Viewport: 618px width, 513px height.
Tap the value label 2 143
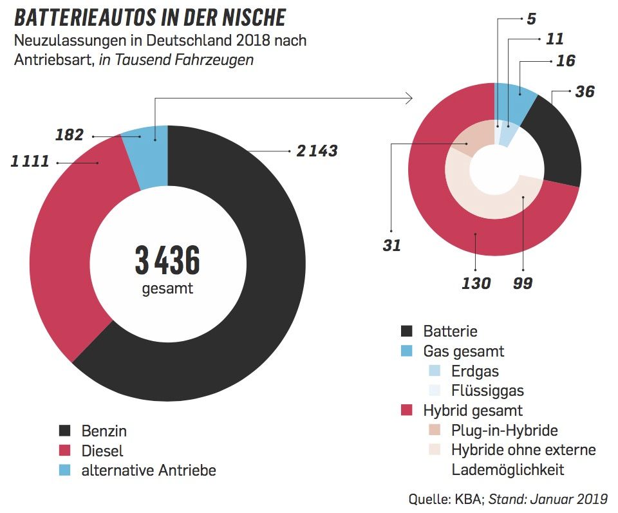click(316, 151)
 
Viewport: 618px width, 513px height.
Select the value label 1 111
click(30, 162)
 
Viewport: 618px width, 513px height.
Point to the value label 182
click(70, 135)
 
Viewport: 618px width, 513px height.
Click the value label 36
click(585, 91)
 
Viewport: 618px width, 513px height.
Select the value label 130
click(476, 283)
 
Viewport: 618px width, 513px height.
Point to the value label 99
click(523, 283)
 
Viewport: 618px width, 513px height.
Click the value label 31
click(391, 245)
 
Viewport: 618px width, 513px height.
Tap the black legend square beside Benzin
click(65, 431)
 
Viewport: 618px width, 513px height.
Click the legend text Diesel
click(102, 451)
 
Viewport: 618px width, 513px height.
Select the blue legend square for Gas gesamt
click(407, 351)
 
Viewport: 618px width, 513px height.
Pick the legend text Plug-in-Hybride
click(504, 430)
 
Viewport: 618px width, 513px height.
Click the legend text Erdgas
click(475, 371)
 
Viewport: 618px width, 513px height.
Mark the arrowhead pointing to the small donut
click(408, 98)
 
